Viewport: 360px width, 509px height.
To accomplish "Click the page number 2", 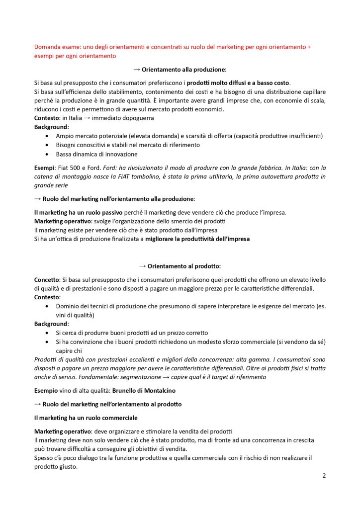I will coord(324,475).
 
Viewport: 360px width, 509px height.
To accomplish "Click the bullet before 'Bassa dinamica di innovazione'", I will coord(47,154).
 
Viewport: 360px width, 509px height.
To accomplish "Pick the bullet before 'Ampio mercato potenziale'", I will coord(47,136).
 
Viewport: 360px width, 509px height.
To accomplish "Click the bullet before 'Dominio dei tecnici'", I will coord(47,306).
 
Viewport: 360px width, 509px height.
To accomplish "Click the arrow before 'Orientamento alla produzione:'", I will coord(137,70).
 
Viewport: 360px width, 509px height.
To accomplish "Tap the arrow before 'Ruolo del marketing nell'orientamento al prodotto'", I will coord(37,404).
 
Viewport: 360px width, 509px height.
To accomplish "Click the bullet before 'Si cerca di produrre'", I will coord(47,333).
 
